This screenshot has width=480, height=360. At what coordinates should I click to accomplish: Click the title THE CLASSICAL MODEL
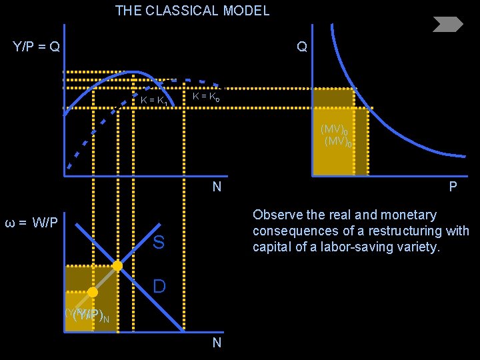[192, 11]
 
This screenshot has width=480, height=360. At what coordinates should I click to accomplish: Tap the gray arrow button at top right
[447, 25]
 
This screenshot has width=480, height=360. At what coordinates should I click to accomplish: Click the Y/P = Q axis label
[37, 47]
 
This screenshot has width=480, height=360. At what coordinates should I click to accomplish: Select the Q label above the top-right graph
[302, 47]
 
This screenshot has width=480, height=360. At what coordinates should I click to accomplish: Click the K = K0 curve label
[205, 97]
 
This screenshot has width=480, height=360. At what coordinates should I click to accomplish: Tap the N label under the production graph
[217, 187]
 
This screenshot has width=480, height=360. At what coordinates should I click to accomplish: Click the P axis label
[453, 187]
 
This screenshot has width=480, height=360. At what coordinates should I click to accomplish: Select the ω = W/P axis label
[31, 222]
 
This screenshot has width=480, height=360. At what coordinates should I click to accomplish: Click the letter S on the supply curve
[159, 243]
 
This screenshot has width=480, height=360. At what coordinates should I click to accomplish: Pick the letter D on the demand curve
[159, 287]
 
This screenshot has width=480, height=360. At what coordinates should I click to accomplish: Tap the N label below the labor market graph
[217, 343]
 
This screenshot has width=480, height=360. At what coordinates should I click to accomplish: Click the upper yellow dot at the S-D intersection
[117, 265]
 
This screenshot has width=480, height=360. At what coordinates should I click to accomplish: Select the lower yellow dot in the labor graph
[93, 292]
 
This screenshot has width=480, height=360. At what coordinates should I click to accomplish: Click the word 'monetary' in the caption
[408, 215]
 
